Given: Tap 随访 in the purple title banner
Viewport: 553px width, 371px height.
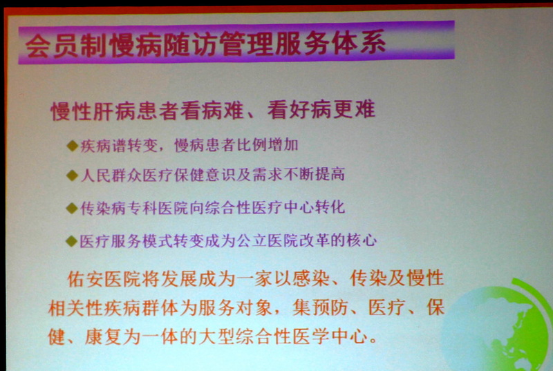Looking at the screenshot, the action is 191,46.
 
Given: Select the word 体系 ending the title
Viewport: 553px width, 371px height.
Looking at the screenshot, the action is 358,44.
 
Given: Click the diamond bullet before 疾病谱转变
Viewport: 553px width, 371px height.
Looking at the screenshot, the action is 73,146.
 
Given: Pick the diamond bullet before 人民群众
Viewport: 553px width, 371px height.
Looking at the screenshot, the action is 72,175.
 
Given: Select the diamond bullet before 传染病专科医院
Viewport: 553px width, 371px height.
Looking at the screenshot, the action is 72,208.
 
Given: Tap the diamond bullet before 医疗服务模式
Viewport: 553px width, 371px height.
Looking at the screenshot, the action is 72,241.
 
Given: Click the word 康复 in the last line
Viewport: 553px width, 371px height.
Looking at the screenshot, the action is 103,337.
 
